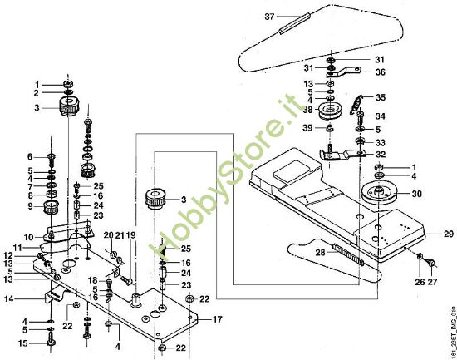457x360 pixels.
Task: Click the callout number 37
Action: point(269,17)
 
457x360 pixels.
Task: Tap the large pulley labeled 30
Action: point(379,194)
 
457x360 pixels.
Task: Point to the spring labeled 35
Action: point(356,106)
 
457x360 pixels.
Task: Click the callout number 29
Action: point(449,234)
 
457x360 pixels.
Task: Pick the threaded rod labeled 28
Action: point(348,255)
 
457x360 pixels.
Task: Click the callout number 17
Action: point(217,319)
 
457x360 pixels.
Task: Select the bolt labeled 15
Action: point(52,344)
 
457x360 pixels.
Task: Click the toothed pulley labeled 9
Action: point(52,207)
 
